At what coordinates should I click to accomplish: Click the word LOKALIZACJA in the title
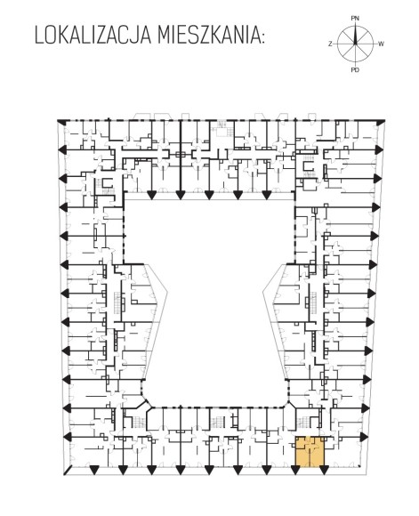click(x=93, y=36)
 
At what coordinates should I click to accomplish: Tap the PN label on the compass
click(x=355, y=19)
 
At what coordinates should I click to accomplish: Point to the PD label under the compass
click(x=355, y=69)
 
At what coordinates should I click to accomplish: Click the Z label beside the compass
click(x=330, y=44)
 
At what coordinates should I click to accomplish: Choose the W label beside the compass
click(x=381, y=44)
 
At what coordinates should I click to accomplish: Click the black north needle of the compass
click(x=355, y=35)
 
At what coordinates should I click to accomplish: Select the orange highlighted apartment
click(x=310, y=452)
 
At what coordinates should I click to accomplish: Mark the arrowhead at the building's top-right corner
click(x=381, y=123)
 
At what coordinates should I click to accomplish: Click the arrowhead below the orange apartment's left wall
click(x=295, y=471)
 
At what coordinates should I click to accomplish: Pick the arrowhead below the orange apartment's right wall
click(x=324, y=471)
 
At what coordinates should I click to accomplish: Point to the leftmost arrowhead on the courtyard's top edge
click(x=151, y=195)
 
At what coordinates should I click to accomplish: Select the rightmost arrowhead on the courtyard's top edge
click(x=266, y=195)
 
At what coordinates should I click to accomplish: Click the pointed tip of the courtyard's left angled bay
click(x=167, y=291)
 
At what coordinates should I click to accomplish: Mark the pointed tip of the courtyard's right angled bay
click(x=263, y=291)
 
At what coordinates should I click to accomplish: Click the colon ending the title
click(x=262, y=38)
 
